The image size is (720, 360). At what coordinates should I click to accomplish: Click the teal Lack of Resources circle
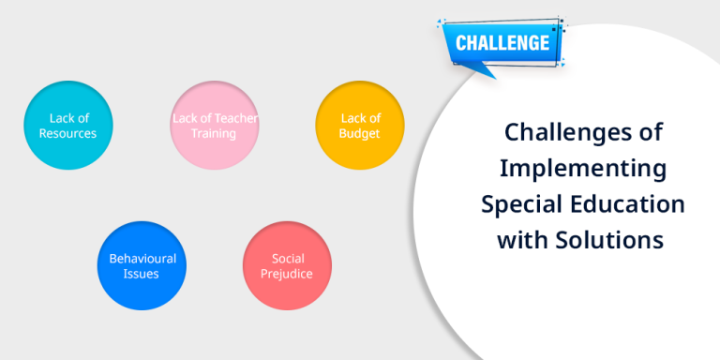pyautogui.click(x=68, y=126)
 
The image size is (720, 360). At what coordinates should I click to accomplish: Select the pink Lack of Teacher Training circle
pyautogui.click(x=215, y=126)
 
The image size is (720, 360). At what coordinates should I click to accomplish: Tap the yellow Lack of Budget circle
pyautogui.click(x=360, y=126)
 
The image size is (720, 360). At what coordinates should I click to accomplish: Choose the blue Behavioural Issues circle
pyautogui.click(x=142, y=265)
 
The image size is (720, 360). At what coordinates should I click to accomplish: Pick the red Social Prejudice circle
pyautogui.click(x=288, y=265)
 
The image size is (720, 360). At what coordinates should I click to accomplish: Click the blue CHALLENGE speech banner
pyautogui.click(x=502, y=42)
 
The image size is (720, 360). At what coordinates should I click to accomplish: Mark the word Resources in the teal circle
pyautogui.click(x=68, y=133)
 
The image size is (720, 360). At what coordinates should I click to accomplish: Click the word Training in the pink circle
pyautogui.click(x=215, y=133)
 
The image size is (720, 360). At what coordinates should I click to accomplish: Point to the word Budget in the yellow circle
pyautogui.click(x=360, y=133)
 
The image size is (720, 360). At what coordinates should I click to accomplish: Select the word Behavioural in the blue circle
pyautogui.click(x=142, y=258)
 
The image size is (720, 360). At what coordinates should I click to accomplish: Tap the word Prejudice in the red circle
pyautogui.click(x=288, y=274)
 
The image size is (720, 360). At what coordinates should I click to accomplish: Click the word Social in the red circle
pyautogui.click(x=288, y=258)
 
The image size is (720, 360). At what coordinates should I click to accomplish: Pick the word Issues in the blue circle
pyautogui.click(x=142, y=274)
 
